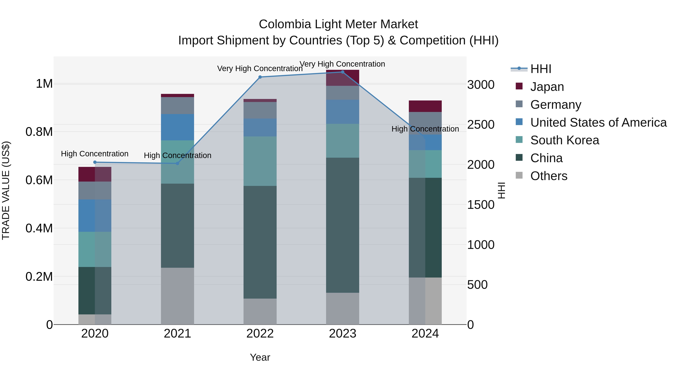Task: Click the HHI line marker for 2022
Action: click(x=260, y=77)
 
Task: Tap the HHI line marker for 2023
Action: click(x=342, y=72)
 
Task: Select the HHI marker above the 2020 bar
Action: click(x=95, y=162)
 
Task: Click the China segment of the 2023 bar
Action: click(x=342, y=225)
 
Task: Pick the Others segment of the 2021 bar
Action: click(x=177, y=296)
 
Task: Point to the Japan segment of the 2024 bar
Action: click(x=425, y=106)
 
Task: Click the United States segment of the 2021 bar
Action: click(x=177, y=127)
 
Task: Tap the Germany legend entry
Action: click(x=556, y=105)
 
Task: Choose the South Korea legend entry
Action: click(x=565, y=140)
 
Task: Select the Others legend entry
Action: click(x=549, y=176)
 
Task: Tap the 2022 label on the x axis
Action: click(x=260, y=333)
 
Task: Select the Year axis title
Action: click(x=260, y=357)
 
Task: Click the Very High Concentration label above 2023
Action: click(x=342, y=64)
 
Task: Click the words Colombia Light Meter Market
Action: click(x=338, y=24)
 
